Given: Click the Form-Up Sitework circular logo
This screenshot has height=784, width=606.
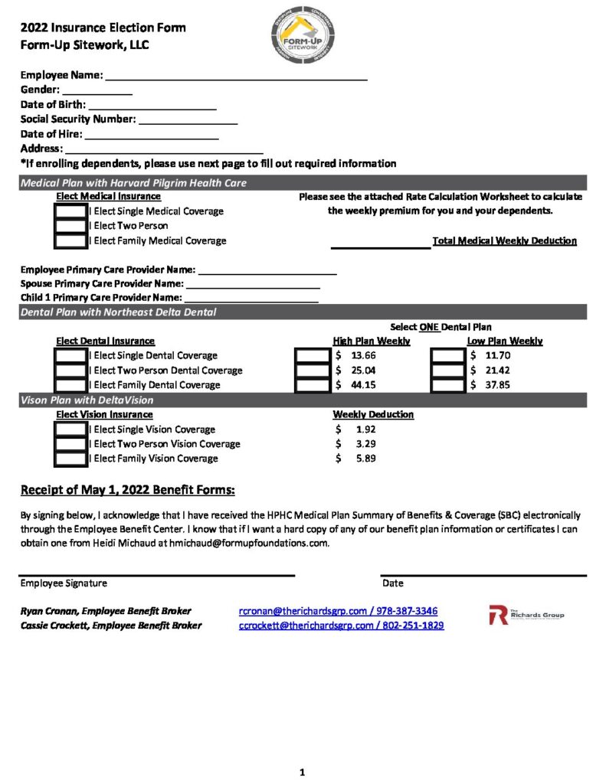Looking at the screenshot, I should (x=303, y=36).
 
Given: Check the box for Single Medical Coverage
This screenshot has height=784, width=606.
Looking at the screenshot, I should (x=71, y=211).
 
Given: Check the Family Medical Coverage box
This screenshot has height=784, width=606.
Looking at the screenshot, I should (x=71, y=241).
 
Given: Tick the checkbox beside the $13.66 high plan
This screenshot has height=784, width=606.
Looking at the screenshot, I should (x=312, y=356).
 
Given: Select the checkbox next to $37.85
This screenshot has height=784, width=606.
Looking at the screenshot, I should (x=447, y=385).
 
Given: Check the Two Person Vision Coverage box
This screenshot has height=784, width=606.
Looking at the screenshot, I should (x=71, y=444).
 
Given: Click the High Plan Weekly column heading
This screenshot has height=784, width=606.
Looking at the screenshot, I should (x=372, y=341).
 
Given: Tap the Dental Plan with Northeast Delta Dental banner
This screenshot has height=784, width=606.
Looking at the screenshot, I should (x=119, y=312).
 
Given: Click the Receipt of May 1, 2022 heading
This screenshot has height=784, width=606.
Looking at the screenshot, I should (x=127, y=490).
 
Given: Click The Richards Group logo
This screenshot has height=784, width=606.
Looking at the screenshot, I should (x=526, y=615).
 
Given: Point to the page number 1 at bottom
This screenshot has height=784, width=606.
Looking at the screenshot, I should (x=303, y=773).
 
